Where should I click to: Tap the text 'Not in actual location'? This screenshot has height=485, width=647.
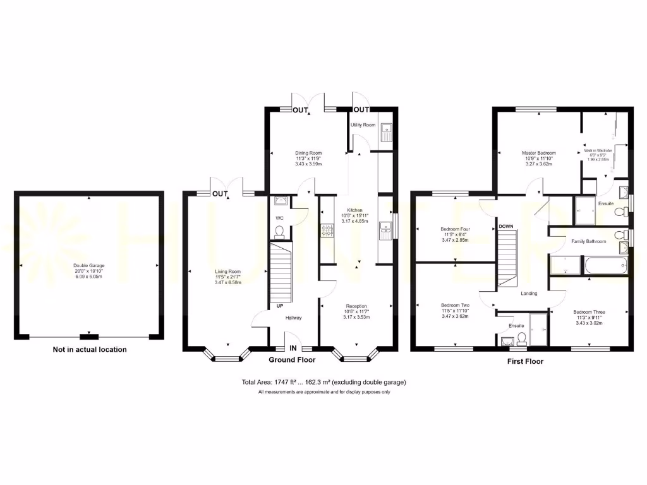90,349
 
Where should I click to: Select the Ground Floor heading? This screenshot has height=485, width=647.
292,360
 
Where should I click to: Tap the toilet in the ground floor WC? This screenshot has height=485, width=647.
281,233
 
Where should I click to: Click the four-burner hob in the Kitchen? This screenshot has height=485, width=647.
327,232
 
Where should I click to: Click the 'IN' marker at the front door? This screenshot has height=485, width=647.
293,348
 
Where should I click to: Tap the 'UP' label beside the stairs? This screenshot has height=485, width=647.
279,306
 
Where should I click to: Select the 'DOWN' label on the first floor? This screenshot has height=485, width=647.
506,225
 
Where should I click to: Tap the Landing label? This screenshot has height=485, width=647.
529,294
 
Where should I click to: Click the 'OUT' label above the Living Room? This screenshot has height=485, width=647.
220,193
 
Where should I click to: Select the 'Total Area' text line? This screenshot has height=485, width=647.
323,382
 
